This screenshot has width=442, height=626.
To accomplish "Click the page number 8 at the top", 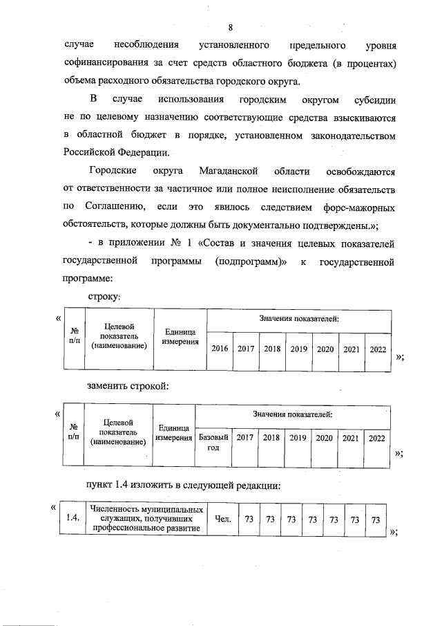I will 231,27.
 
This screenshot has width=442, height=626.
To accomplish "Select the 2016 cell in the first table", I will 220,349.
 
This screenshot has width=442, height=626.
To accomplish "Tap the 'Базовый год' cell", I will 213,443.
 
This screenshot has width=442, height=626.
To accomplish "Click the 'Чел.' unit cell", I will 222,519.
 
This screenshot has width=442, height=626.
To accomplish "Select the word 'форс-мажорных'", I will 358,207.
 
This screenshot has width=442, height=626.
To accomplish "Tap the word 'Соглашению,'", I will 114,207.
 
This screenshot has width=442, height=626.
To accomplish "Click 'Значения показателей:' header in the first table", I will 299,319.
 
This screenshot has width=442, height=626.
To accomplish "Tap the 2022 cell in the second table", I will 377,438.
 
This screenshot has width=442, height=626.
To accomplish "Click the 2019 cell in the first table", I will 298,349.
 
